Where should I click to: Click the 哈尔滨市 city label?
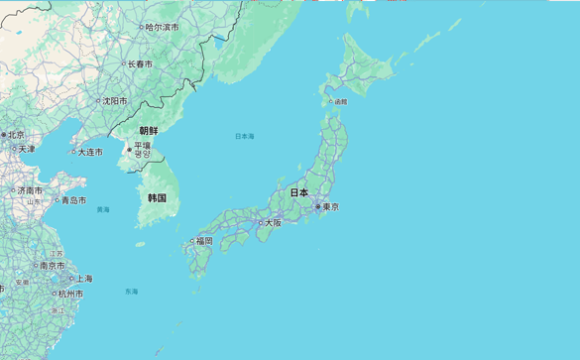162,27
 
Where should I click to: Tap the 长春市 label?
139,63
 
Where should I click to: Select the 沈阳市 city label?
113,100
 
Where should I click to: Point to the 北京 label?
16,134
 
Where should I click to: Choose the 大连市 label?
89,152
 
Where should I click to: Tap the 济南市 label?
29,189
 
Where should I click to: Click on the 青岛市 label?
73,199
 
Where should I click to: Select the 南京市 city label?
52,265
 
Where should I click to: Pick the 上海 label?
84,279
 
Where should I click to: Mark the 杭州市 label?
70,294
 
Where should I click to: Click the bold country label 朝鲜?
148,130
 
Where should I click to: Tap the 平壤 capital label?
143,145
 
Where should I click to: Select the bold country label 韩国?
157,197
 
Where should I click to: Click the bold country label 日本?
298,191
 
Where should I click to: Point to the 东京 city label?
330,207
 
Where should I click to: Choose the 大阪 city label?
274,223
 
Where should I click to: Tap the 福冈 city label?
203,241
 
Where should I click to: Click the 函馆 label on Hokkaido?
340,101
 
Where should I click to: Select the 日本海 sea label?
244,136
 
